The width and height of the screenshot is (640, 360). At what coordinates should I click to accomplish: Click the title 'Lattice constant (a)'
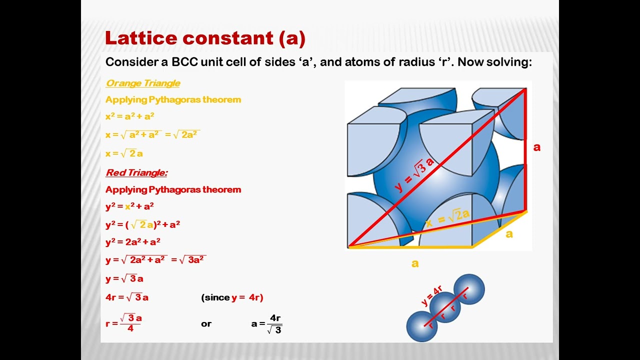tap(205, 38)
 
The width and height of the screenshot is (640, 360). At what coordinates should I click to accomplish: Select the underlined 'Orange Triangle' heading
tap(143, 83)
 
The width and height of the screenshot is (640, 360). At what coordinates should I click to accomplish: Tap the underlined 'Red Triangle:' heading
tap(136, 172)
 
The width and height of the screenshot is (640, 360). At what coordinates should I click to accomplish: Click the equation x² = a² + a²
tap(130, 116)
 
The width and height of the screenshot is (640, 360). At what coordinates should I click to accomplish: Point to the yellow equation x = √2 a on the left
tap(124, 153)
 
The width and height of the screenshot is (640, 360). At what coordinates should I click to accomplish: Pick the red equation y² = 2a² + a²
tap(133, 241)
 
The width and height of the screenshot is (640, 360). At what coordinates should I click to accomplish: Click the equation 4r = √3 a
tap(127, 297)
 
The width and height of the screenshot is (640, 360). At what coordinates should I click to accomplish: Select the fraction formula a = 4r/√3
tap(267, 324)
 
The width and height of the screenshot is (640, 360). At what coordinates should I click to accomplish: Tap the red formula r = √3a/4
tap(124, 322)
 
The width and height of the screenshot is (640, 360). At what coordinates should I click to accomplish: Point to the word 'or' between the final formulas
tap(206, 324)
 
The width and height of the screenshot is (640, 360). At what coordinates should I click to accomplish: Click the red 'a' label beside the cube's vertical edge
tap(537, 147)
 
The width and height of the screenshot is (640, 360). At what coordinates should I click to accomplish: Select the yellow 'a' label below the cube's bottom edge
tap(415, 263)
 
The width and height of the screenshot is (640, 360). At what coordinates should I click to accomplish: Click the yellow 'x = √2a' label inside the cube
tap(448, 219)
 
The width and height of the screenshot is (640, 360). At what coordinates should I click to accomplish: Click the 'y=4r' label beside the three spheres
tap(431, 295)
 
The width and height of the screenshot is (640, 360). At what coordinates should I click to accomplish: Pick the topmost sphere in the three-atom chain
tap(469, 289)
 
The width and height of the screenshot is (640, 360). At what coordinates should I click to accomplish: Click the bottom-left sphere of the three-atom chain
tap(422, 326)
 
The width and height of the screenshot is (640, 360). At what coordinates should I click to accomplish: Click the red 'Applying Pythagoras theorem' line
tap(173, 189)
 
